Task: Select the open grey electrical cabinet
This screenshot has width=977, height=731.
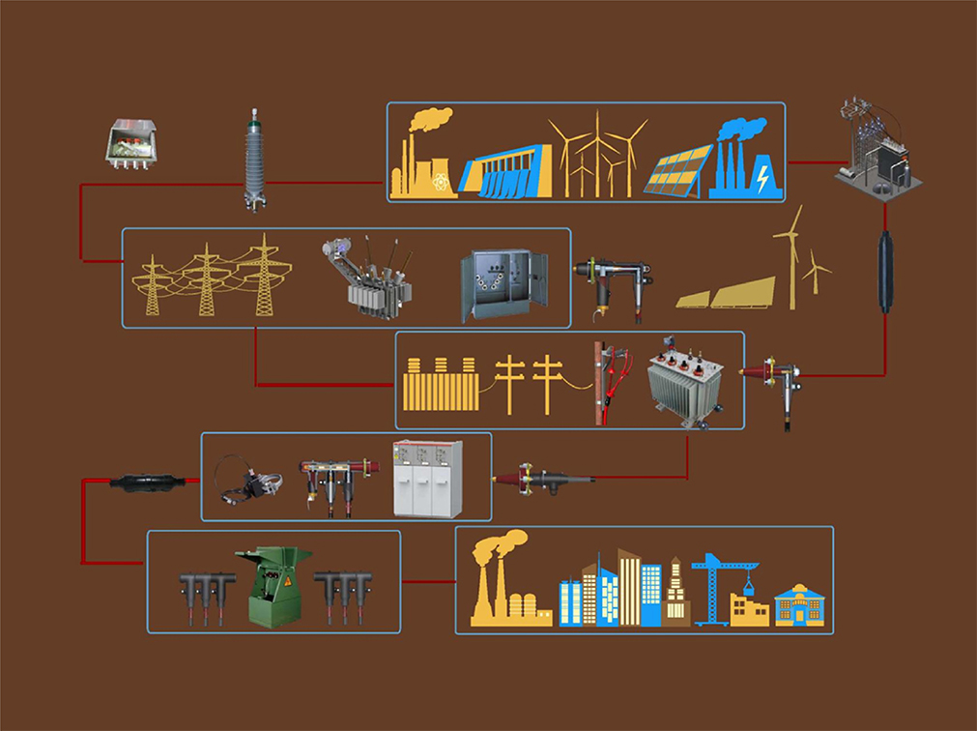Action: (503, 284)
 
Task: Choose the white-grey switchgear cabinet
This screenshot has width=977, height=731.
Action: (427, 478)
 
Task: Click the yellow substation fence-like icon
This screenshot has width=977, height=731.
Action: (440, 385)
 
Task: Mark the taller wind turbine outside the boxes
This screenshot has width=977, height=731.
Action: (790, 255)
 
